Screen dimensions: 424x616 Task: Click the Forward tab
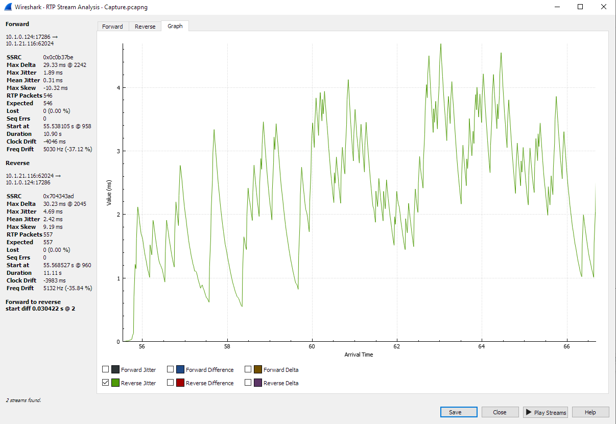[112, 27]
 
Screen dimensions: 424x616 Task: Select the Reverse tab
[145, 27]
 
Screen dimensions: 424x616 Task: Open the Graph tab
[175, 26]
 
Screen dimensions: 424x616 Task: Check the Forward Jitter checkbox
[106, 369]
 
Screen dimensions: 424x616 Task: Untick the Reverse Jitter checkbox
[106, 383]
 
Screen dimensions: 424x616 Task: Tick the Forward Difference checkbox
[171, 369]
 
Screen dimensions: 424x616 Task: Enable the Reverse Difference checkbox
[171, 383]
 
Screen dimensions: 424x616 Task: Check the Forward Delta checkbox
[248, 369]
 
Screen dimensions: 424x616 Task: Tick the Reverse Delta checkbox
[248, 383]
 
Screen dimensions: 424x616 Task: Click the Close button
[500, 412]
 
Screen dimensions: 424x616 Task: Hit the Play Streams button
[545, 412]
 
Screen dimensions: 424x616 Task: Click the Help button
[590, 412]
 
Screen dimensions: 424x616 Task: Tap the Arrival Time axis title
[359, 355]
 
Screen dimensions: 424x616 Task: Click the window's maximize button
[580, 7]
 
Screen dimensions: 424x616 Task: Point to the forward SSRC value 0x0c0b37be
[58, 57]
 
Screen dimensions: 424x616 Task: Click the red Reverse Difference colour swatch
[180, 383]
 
